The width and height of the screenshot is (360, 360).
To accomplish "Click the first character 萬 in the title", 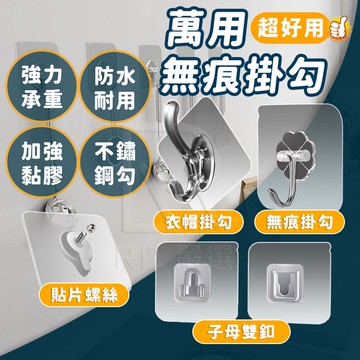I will (189, 30).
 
